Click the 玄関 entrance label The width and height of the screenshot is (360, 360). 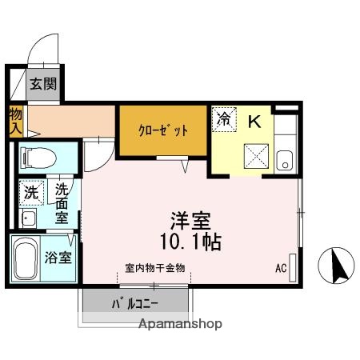(43, 84)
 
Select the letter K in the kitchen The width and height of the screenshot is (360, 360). (254, 122)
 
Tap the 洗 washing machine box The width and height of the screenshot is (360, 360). (30, 192)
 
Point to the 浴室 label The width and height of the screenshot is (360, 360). (58, 258)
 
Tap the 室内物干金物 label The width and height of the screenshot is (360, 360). (155, 268)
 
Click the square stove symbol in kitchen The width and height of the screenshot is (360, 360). (256, 151)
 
